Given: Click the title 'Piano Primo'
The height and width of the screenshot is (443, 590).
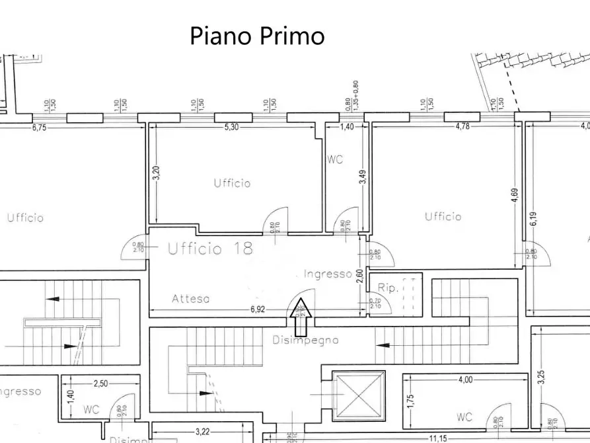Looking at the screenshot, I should (x=257, y=35).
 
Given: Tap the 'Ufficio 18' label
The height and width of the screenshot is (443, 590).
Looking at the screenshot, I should (x=209, y=249).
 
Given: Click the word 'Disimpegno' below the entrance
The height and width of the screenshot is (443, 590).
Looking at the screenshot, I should (x=305, y=341).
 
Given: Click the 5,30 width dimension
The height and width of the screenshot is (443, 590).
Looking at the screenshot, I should (x=231, y=127).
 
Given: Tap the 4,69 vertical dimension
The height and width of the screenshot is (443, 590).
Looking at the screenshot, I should (x=514, y=198).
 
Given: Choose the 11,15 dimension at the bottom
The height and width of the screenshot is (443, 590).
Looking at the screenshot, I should (x=437, y=438).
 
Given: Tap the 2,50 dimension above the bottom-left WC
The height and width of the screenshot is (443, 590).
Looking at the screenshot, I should (x=100, y=383).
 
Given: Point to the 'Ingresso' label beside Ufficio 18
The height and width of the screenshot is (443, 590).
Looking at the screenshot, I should (x=327, y=274).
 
